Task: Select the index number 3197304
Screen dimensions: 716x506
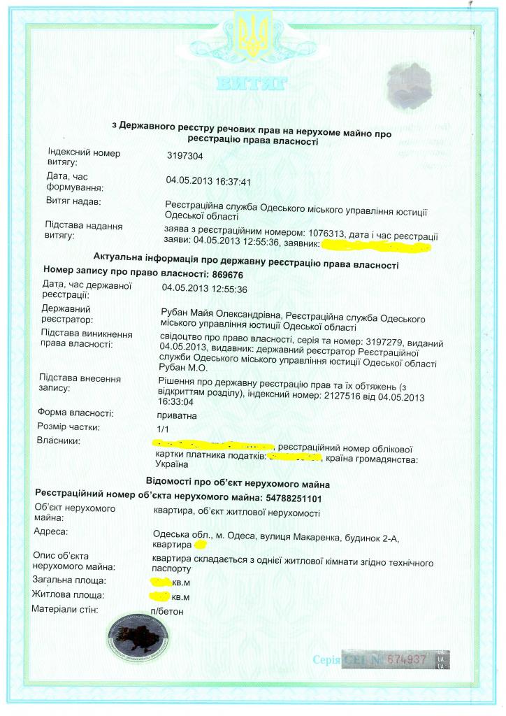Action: [x=184, y=157]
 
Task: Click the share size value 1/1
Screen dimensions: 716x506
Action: [x=164, y=427]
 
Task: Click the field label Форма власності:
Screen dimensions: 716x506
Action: [x=75, y=413]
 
